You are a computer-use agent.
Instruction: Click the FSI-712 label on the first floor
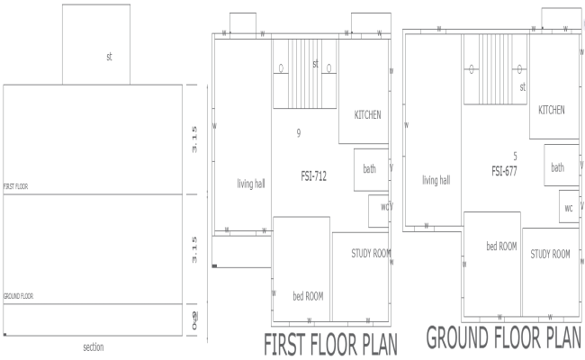click(x=313, y=176)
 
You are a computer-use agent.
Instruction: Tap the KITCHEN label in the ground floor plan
click(x=552, y=110)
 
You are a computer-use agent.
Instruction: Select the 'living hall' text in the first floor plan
click(x=251, y=184)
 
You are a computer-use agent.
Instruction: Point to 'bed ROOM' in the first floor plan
click(x=308, y=295)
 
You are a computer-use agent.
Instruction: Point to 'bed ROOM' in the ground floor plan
click(x=501, y=246)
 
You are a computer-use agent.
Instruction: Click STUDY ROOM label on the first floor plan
click(x=370, y=253)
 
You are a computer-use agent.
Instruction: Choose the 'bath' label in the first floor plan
click(x=369, y=168)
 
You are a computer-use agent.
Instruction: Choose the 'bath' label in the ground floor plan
click(x=558, y=166)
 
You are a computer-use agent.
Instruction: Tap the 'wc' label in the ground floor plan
click(x=569, y=207)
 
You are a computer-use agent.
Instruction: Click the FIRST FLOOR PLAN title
click(x=330, y=346)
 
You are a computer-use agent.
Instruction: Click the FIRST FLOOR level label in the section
click(x=16, y=187)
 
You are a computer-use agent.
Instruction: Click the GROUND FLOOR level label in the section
click(x=18, y=295)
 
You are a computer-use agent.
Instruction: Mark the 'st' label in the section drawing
click(x=109, y=56)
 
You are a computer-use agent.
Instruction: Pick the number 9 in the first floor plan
click(x=298, y=133)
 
